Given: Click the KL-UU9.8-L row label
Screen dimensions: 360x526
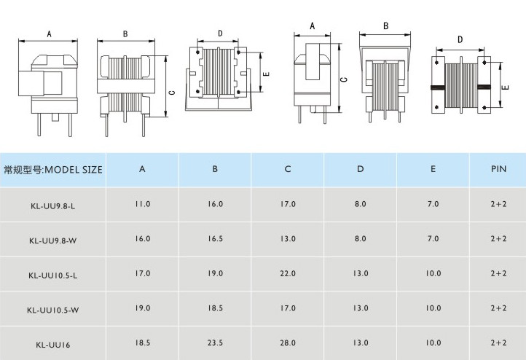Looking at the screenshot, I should coord(53,205).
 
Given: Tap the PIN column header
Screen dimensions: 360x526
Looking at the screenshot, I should coord(498,169).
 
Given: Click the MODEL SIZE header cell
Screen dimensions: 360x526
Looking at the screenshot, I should coord(53,170).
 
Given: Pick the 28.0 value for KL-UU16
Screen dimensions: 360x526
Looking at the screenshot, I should coord(288,343).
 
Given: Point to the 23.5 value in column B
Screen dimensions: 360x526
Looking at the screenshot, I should coord(215,343).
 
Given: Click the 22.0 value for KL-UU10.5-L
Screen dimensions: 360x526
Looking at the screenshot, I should coord(288,273).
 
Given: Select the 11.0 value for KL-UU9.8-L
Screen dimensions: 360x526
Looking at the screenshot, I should coord(142,204).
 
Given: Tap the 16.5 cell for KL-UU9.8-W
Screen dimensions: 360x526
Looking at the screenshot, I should coord(215,238).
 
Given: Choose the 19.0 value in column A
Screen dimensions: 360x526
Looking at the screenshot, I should coord(142,308).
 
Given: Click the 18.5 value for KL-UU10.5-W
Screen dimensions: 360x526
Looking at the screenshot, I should coord(215,308).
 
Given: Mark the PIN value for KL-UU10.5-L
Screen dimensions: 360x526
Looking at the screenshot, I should coord(498,273).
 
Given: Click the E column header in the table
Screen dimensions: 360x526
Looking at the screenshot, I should coord(433,169).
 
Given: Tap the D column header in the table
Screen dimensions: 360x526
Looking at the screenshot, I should coord(360,169).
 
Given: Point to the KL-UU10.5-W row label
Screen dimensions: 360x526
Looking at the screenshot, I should coord(53,309).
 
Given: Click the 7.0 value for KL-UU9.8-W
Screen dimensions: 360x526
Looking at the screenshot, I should coord(433,238).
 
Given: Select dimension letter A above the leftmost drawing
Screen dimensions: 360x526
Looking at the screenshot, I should coord(49,34).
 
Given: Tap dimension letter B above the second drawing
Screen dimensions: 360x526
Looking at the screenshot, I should coord(125,34).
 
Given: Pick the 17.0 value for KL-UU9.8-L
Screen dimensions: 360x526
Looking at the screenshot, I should coord(288,204).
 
